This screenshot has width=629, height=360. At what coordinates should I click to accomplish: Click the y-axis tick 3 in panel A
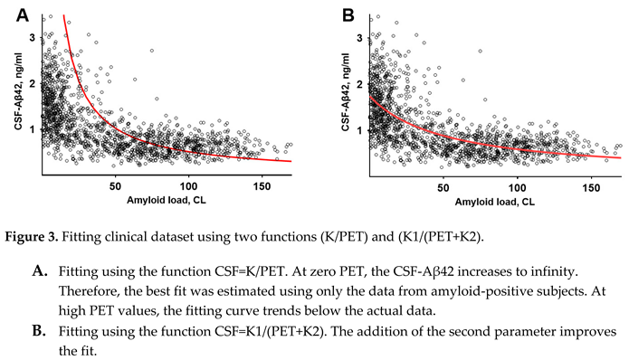click(x=33, y=39)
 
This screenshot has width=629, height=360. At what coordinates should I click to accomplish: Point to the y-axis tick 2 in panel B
click(x=362, y=84)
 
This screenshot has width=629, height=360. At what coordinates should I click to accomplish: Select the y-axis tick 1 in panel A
click(x=33, y=129)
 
